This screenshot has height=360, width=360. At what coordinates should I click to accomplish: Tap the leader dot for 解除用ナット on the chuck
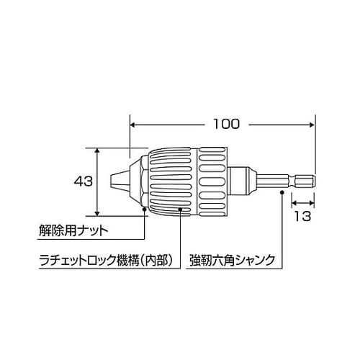(x=145, y=210)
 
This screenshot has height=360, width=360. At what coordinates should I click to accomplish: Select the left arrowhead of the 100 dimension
(x=132, y=124)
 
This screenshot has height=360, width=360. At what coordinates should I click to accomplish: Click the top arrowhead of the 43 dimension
(x=97, y=150)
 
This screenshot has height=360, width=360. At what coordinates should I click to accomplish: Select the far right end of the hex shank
(x=314, y=181)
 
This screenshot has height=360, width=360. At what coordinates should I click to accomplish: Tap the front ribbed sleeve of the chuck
(x=173, y=181)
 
